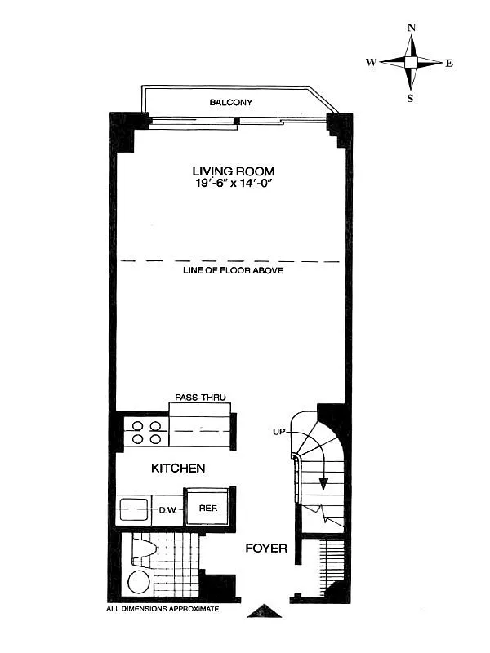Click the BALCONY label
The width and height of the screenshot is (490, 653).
pos(231,103)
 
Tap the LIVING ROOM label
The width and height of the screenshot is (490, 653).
pos(233,171)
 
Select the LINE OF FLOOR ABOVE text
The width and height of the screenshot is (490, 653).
pos(233,270)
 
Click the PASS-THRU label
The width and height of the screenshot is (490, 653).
pos(200,398)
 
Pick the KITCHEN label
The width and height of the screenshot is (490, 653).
pos(177,469)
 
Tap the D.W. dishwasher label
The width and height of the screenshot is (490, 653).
pos(169,509)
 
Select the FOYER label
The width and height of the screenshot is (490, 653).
pos(266,548)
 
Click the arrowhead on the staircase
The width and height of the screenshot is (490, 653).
pos(324,482)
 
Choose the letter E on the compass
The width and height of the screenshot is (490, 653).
pos(449,63)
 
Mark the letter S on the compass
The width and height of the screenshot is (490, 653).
pos(411,99)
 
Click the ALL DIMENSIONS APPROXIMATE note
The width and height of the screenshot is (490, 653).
pos(163,609)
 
